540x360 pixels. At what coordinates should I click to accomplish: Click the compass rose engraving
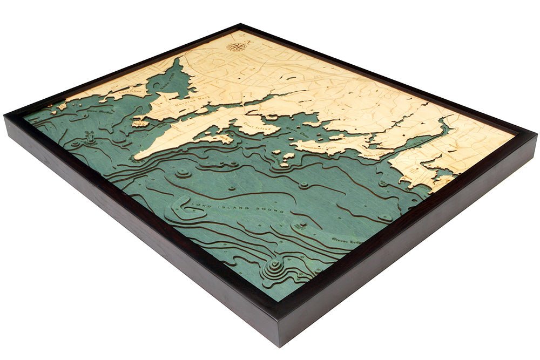click(237, 46)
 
